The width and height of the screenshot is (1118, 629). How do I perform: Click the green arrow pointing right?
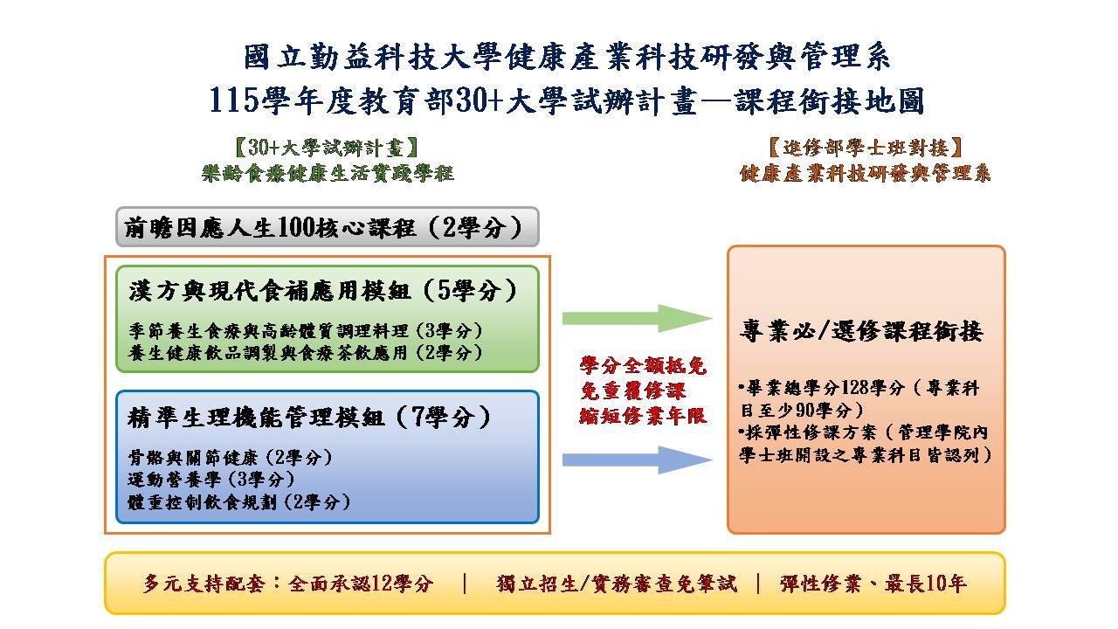[637, 318]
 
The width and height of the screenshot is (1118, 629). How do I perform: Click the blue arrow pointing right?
[637, 460]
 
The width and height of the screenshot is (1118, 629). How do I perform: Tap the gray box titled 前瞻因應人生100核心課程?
[328, 227]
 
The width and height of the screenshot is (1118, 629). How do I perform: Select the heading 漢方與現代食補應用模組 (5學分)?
[322, 291]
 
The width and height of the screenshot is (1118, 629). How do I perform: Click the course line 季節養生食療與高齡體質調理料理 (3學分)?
[306, 330]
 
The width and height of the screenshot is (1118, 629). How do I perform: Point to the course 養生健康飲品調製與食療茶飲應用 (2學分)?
[306, 353]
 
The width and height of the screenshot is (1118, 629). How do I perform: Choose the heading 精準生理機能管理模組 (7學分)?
[309, 418]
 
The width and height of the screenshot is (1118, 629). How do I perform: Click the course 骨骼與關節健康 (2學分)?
[230, 457]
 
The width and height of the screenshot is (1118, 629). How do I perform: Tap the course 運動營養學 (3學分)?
[211, 480]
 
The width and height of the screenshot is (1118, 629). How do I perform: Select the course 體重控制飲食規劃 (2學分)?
[239, 501]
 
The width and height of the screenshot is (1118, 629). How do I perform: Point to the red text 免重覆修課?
[633, 391]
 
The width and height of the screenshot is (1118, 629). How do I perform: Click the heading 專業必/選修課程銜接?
[861, 331]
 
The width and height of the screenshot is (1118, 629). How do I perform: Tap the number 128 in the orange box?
[855, 388]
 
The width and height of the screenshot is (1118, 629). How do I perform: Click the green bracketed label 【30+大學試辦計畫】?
[327, 148]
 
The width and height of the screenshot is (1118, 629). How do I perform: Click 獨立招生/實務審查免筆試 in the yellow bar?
[617, 584]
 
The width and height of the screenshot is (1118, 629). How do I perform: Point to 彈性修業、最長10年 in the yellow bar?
[873, 584]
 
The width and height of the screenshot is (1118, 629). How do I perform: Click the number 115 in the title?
[233, 100]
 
